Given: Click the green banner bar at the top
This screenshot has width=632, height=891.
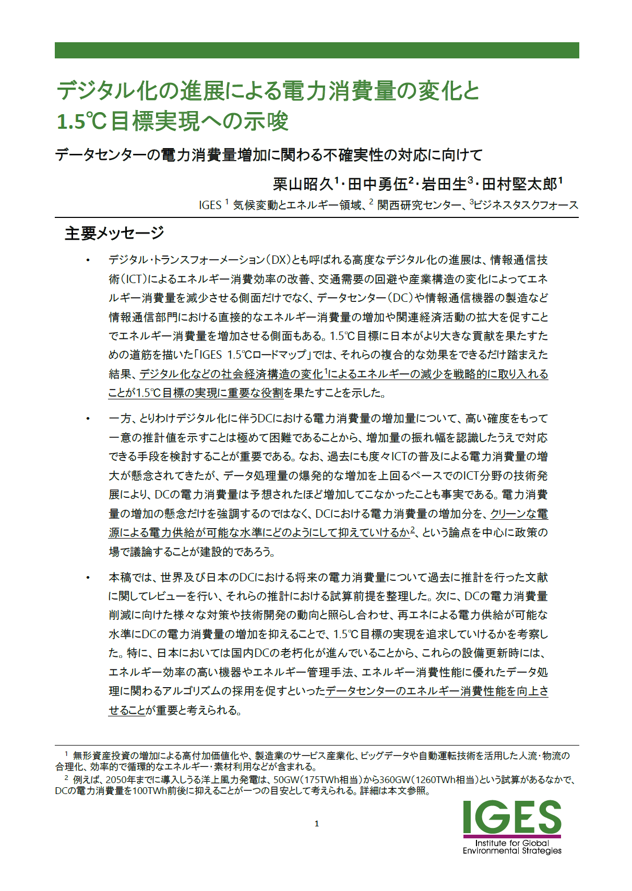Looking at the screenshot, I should click(x=316, y=50).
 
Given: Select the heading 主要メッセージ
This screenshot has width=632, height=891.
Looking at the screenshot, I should click(x=114, y=233).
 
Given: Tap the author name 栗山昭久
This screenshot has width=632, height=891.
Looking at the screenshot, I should click(x=303, y=184).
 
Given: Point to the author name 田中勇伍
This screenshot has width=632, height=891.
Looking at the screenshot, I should click(x=377, y=184).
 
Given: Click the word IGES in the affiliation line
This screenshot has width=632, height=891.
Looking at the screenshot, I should click(x=210, y=205).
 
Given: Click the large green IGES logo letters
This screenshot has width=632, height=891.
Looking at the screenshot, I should click(x=511, y=817).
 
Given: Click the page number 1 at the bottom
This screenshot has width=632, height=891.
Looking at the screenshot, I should click(x=317, y=824).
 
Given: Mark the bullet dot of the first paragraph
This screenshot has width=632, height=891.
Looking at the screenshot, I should click(x=88, y=260).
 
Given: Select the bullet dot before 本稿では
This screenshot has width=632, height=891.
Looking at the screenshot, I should click(x=88, y=578).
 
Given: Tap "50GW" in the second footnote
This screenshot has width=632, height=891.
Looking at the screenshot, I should click(x=285, y=780).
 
